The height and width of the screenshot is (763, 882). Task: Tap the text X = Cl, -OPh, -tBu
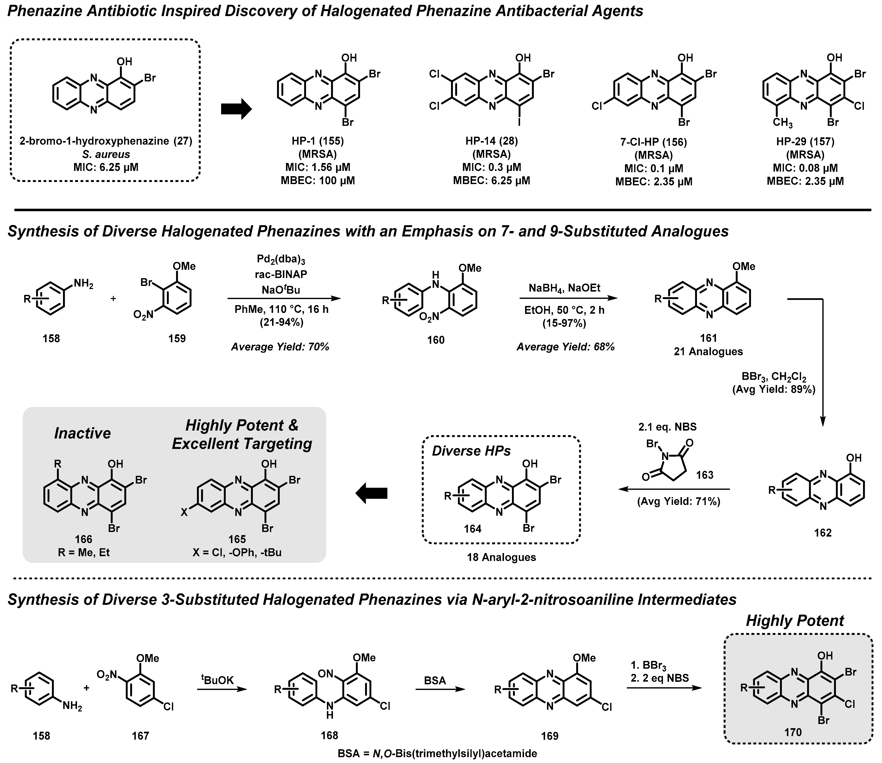pos(237,553)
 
